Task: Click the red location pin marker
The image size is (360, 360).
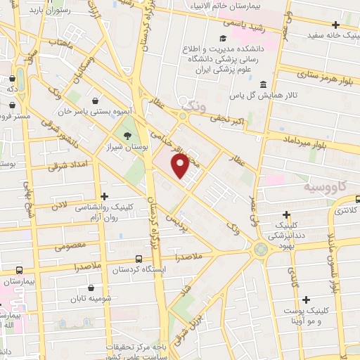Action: [x=180, y=164]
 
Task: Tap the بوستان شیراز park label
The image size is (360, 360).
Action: [x=124, y=146]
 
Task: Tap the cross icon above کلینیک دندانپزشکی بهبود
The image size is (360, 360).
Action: [x=286, y=214]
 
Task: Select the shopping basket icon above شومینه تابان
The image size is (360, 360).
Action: [x=90, y=287]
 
